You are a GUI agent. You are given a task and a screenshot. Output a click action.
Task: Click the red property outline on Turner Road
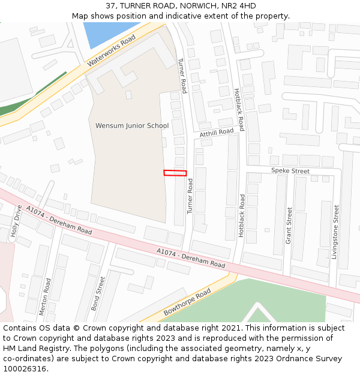point(175,173)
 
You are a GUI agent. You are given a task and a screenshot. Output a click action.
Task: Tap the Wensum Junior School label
point(132,126)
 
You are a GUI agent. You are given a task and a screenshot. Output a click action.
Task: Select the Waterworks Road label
point(112,50)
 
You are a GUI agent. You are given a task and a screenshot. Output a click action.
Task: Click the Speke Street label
point(290,171)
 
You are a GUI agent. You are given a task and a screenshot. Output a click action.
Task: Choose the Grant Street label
point(289,225)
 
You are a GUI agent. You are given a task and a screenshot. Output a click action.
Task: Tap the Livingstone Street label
point(336,232)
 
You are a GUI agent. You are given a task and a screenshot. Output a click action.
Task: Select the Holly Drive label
point(16,222)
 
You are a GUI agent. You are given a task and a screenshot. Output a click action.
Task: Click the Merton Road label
point(44,296)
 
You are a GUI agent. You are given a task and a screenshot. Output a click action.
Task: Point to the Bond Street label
point(98,293)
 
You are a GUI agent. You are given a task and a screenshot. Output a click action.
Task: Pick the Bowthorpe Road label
point(187,302)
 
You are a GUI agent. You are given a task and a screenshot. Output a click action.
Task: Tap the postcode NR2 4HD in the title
point(239,6)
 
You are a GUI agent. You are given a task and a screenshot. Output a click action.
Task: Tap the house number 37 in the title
point(110,6)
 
